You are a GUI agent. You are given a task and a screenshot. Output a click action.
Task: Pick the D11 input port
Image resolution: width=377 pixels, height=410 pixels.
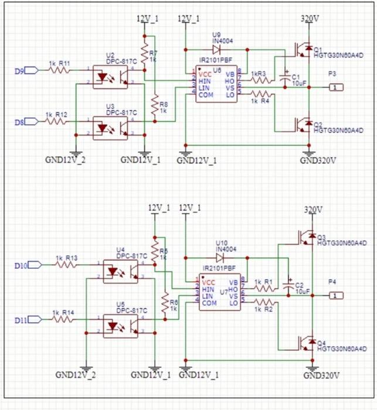tap(34, 319)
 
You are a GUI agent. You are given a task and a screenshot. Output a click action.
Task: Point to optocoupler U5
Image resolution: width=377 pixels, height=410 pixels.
tap(121, 323)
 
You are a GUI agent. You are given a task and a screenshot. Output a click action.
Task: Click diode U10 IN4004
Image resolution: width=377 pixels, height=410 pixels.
tap(221, 257)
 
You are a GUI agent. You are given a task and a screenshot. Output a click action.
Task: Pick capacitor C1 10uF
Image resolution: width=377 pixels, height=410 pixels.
tap(286, 78)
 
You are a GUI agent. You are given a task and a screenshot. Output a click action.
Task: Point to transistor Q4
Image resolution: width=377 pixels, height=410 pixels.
tap(305, 346)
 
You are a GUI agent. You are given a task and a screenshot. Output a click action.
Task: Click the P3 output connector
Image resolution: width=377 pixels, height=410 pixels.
tap(334, 87)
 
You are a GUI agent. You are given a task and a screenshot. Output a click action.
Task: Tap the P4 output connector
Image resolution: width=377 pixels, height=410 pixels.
tap(334, 296)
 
